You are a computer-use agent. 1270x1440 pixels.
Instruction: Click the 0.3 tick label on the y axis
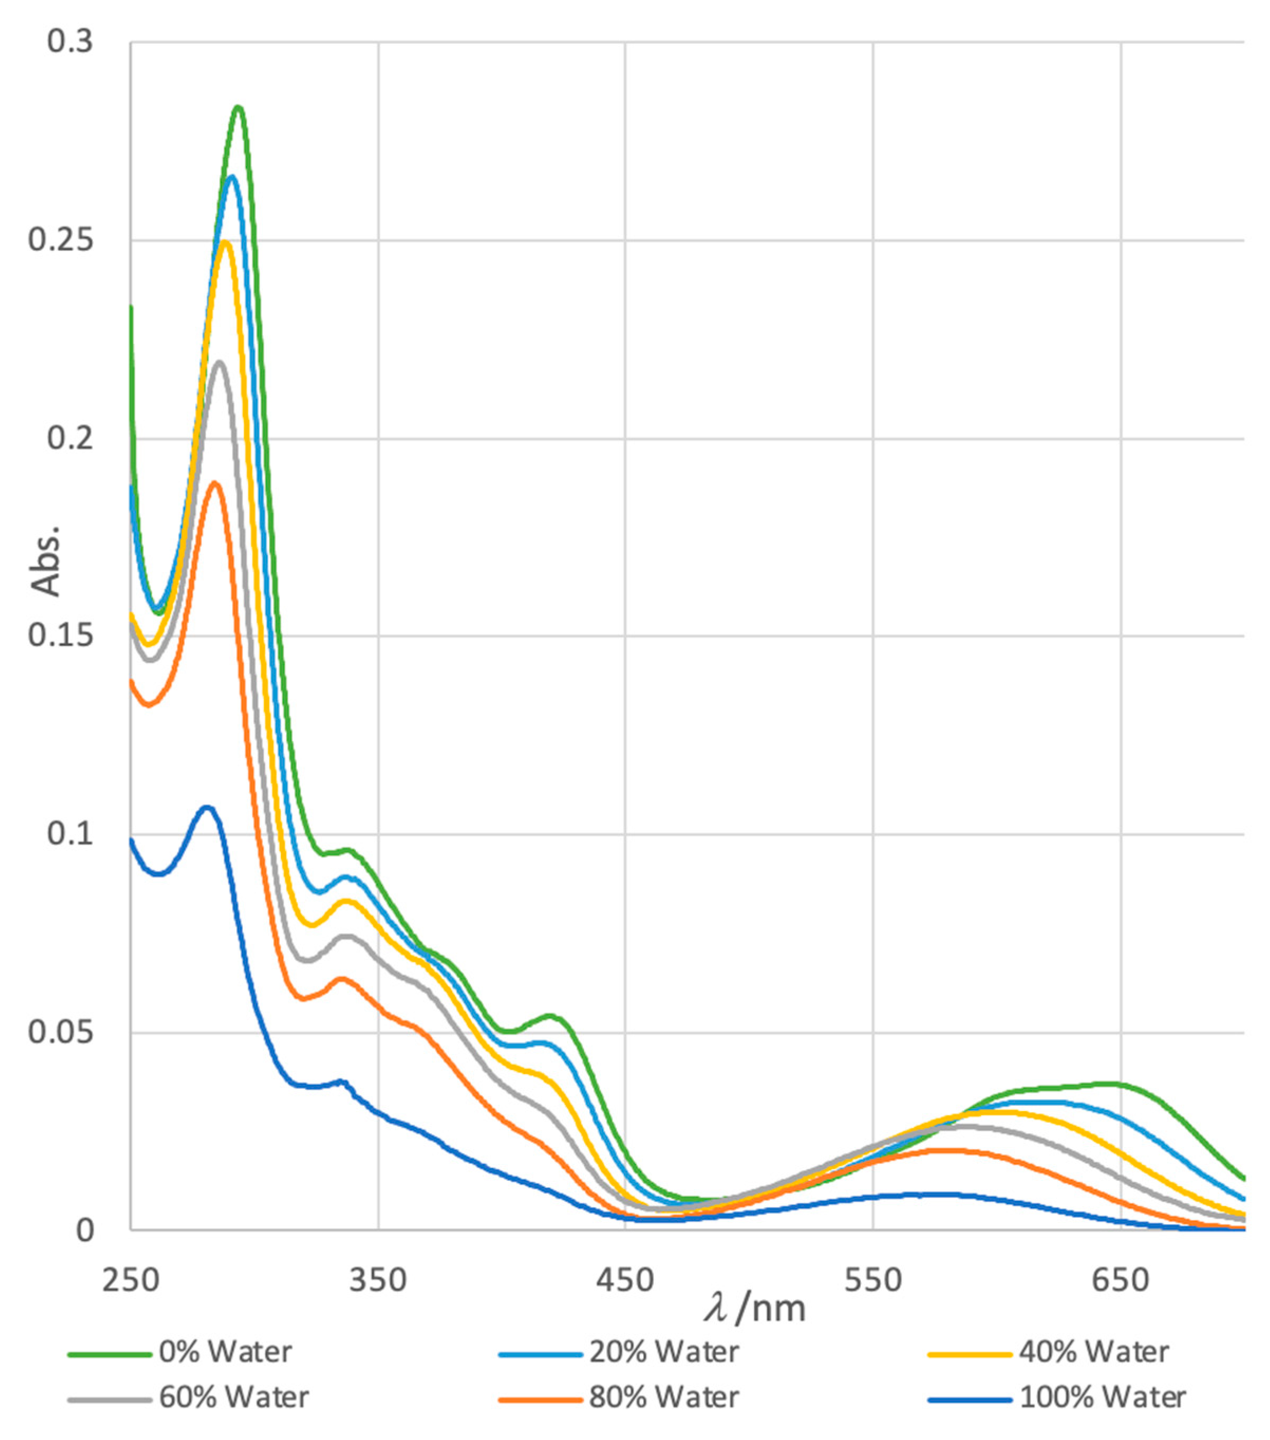(x=70, y=42)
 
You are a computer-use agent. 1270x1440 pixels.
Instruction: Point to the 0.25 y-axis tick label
(x=61, y=241)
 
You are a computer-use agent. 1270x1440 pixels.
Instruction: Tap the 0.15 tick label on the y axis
(x=61, y=636)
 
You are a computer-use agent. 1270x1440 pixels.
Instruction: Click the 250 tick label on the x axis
(x=130, y=1280)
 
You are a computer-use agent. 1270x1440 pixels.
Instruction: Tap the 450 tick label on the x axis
(x=625, y=1280)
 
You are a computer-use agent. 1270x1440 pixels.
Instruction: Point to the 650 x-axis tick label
(x=1120, y=1280)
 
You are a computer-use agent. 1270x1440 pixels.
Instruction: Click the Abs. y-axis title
(x=46, y=561)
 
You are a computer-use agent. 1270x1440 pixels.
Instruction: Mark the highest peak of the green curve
(x=238, y=107)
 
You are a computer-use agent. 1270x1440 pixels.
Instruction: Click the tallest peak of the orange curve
(x=215, y=482)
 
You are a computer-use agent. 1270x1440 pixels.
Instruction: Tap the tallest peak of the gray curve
(x=220, y=362)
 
